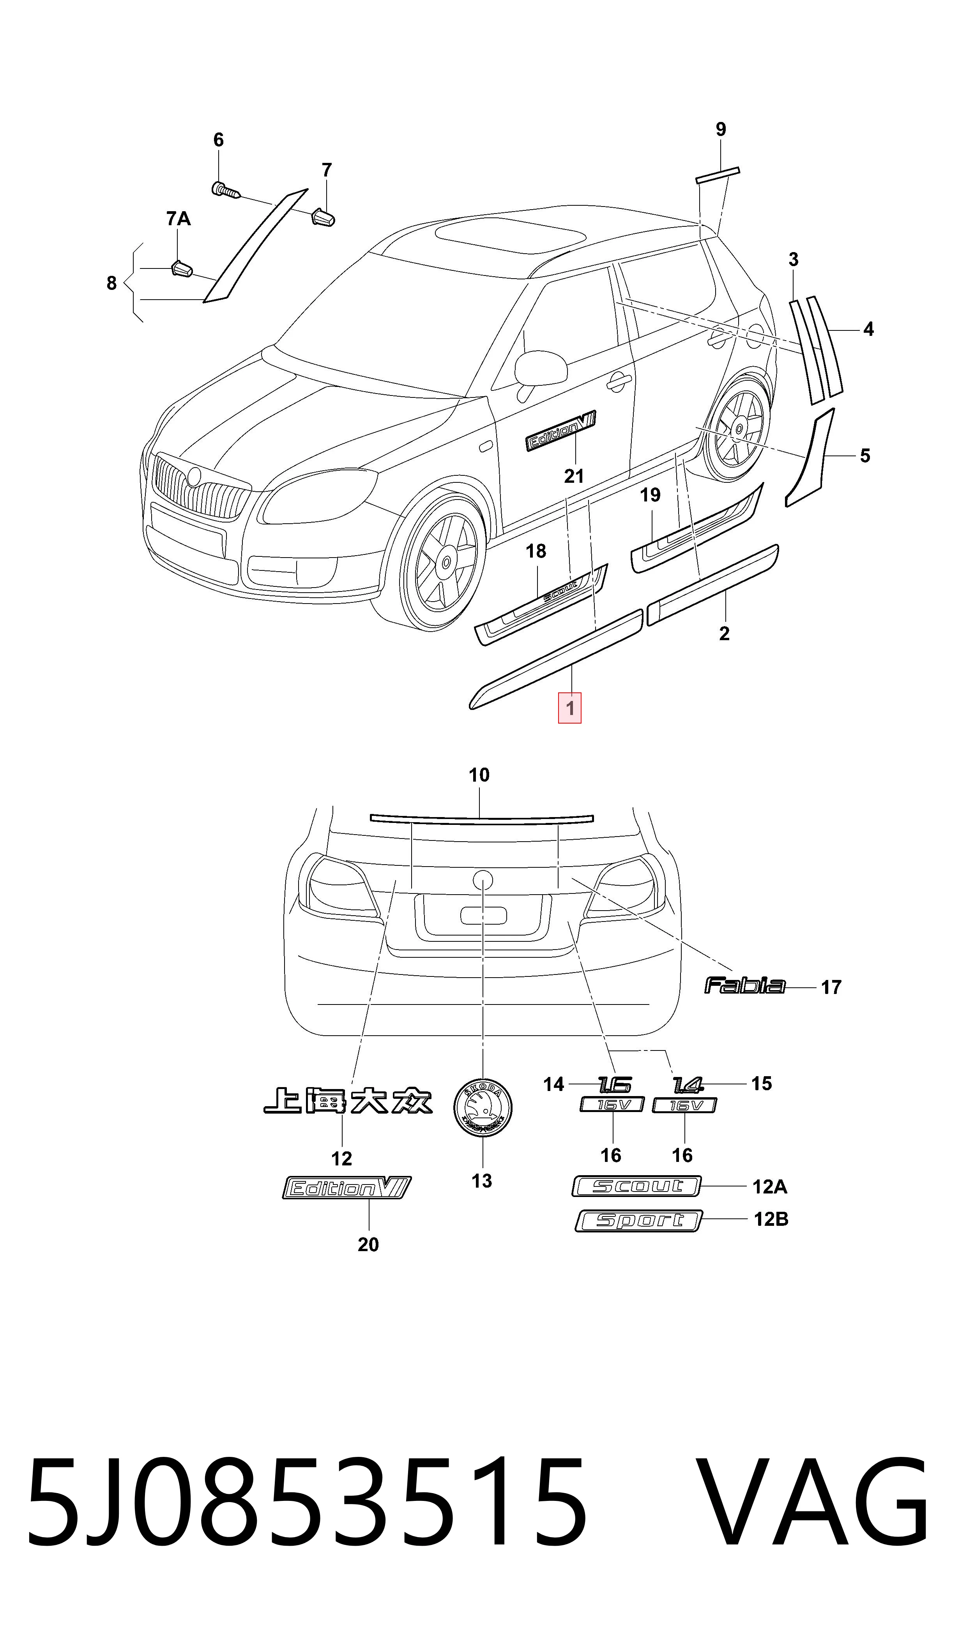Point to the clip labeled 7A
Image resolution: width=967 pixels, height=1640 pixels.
coord(182,268)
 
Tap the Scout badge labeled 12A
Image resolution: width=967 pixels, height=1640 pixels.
coord(636,1186)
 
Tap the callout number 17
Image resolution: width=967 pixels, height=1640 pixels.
coord(831,987)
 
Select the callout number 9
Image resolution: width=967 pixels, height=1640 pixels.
coord(721,129)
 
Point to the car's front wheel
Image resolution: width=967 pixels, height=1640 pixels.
coord(442,562)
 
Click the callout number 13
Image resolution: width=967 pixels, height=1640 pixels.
coord(482,1181)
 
